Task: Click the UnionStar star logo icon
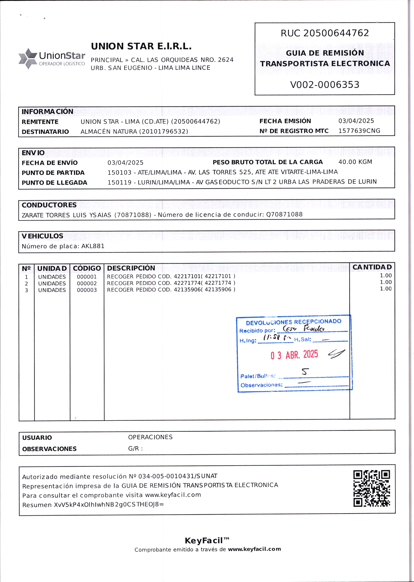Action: point(28,58)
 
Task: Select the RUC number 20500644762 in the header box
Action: point(336,33)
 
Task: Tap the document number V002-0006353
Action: point(325,85)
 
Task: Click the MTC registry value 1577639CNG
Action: point(359,131)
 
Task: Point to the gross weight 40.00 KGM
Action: point(355,162)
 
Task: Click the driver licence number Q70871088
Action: point(284,214)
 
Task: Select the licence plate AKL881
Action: point(93,246)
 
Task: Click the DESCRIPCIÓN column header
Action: point(131,268)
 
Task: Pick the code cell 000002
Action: point(87,283)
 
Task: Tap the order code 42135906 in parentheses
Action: point(218,289)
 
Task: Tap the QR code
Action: point(372,488)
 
